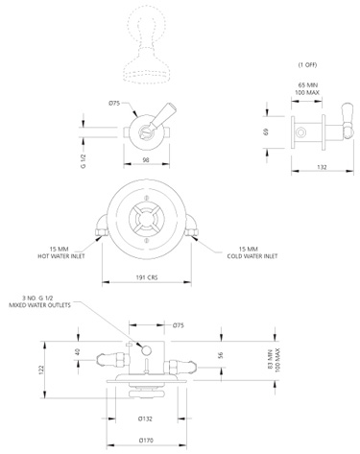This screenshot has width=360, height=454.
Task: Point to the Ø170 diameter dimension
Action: (146, 442)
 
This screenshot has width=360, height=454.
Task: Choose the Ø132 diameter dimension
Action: (146, 418)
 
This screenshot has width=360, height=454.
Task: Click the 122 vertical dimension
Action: (67, 370)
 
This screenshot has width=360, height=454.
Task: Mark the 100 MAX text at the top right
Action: (307, 93)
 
